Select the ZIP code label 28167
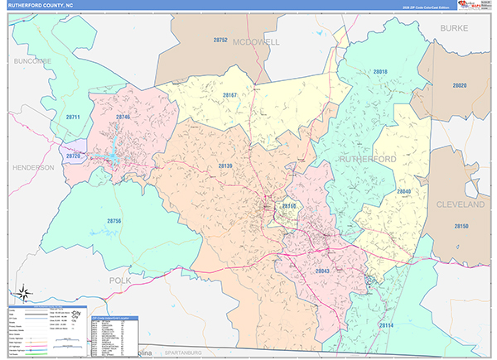(x=229, y=95)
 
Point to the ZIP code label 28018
(x=380, y=72)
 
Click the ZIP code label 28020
(x=460, y=85)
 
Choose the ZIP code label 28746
(x=123, y=118)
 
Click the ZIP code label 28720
(x=74, y=156)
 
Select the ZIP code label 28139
(x=226, y=166)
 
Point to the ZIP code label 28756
(x=113, y=221)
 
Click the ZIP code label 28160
(x=289, y=205)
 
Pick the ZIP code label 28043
(x=322, y=271)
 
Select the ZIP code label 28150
(x=461, y=227)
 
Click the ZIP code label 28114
(x=385, y=325)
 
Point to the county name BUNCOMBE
(x=32, y=61)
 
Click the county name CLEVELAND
(x=460, y=204)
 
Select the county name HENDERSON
(x=33, y=167)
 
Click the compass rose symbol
(x=24, y=292)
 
